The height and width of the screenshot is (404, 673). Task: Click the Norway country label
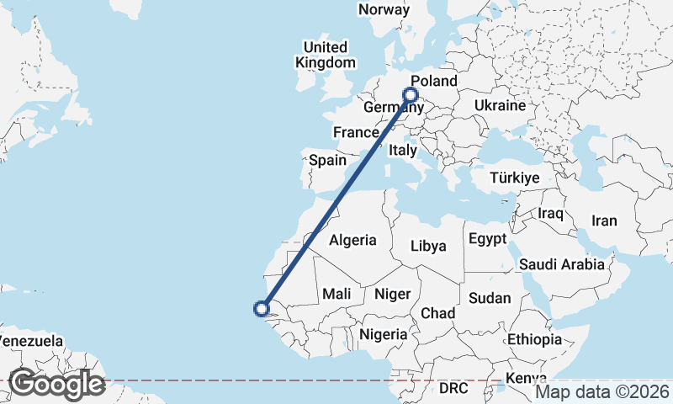[384, 10]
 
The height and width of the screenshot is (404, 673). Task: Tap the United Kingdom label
[325, 55]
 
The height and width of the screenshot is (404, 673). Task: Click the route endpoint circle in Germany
[411, 95]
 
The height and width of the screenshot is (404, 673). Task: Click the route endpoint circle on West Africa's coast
[262, 309]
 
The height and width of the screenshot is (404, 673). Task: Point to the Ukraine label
[500, 105]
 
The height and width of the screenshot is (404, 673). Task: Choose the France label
[355, 132]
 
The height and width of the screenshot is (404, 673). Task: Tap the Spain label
[328, 160]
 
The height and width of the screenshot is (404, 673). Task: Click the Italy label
[403, 151]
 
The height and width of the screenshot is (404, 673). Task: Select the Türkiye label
[514, 178]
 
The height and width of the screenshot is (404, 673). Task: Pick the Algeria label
[352, 240]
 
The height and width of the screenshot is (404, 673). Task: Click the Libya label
[427, 246]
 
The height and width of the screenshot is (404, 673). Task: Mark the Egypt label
[488, 238]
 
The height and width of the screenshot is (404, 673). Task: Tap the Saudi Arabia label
[561, 264]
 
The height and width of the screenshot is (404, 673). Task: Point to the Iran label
[604, 221]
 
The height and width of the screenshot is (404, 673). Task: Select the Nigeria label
[384, 334]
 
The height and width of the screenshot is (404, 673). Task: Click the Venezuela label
[31, 341]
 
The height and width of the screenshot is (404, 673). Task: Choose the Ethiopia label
[534, 339]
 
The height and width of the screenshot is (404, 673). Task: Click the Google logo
[56, 385]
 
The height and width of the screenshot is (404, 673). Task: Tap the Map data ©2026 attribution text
[602, 391]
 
